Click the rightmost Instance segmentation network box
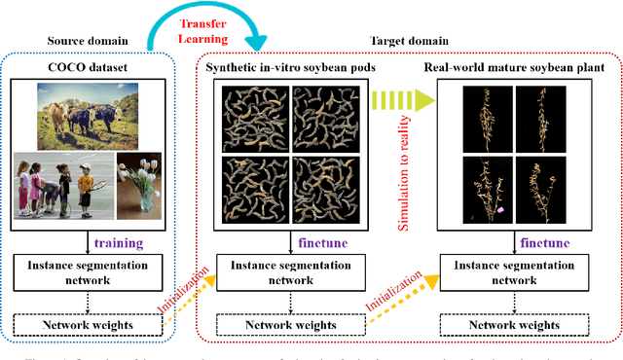coord(513,272)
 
